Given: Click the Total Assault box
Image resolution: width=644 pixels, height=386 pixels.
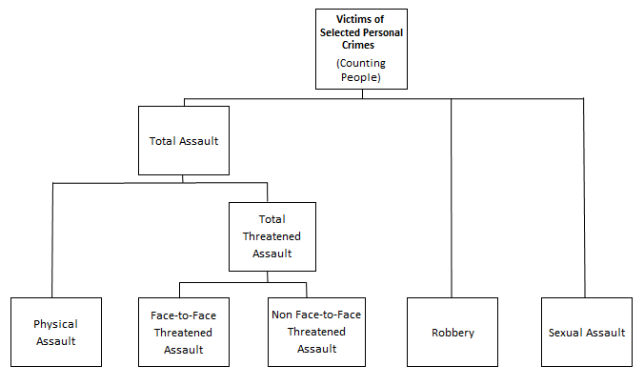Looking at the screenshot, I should point(184,140).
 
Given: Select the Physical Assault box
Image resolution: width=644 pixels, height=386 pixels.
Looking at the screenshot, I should point(54,332).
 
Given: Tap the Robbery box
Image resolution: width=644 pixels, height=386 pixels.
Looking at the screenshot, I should point(452,332).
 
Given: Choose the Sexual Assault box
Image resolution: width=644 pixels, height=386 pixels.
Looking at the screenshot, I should point(586,332).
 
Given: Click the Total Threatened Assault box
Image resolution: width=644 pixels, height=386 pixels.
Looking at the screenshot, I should point(272,236).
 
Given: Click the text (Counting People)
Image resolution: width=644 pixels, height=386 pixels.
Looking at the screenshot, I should point(362,70).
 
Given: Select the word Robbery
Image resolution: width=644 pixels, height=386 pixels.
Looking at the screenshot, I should point(452,333).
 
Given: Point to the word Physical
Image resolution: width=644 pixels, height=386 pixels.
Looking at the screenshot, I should point(54,324).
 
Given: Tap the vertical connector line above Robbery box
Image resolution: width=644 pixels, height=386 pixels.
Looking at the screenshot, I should point(452,200).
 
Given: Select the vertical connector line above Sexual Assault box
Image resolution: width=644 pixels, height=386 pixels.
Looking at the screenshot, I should point(585,200).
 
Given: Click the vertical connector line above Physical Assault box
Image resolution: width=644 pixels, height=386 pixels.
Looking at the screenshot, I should point(53,238).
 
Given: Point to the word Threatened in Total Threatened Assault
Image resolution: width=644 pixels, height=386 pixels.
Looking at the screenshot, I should point(272,237).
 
